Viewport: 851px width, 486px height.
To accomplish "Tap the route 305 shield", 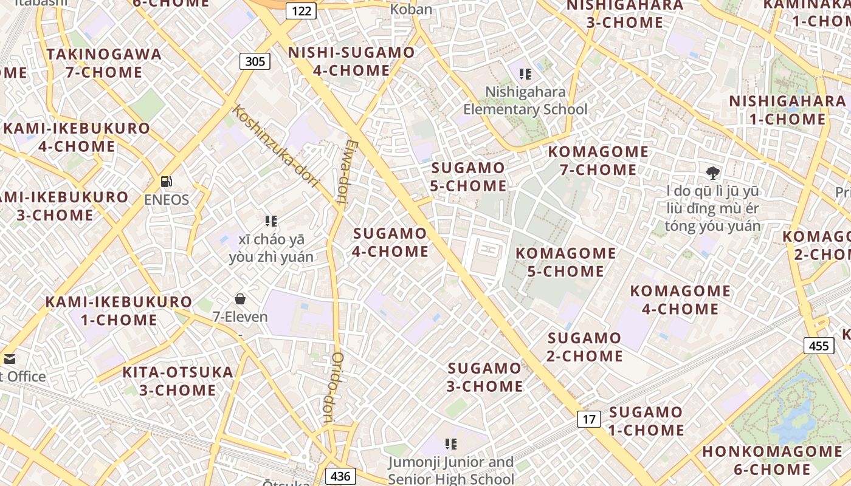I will (255, 61).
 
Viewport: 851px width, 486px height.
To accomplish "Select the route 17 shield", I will (589, 419).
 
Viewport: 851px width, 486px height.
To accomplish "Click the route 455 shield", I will (819, 346).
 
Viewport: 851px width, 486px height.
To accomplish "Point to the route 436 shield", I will (340, 476).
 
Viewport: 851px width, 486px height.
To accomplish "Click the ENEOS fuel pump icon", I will (166, 181).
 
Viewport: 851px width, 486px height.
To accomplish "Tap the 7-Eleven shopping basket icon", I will (240, 298).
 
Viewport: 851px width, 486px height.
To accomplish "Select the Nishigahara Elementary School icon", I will (525, 74).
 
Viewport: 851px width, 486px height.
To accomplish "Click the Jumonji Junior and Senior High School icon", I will (450, 444).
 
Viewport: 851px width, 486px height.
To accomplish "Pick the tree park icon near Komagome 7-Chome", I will (712, 173).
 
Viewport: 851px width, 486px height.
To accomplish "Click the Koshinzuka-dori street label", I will (275, 146).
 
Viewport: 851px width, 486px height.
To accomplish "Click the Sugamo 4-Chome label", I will (390, 242).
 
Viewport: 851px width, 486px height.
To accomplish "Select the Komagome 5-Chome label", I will (566, 262).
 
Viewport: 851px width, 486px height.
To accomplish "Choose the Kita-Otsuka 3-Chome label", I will (178, 381).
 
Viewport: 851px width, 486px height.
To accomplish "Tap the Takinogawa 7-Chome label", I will (104, 63).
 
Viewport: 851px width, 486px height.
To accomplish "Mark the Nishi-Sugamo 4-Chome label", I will (351, 61).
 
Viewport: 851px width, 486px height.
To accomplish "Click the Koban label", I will (411, 9).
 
